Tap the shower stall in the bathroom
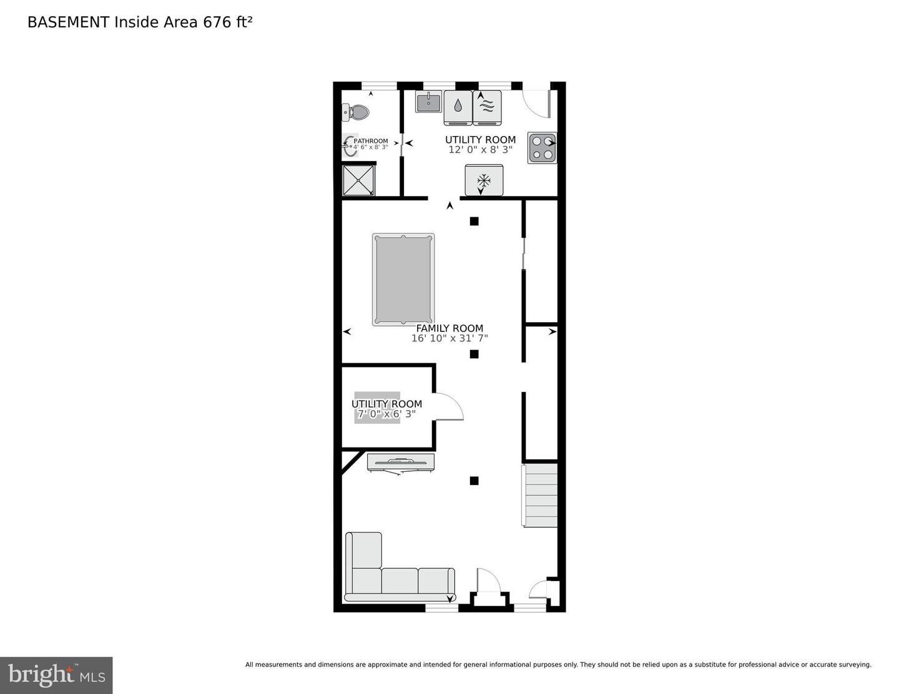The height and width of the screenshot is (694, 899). click(x=359, y=180)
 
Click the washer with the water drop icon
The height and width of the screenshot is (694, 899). click(x=458, y=107)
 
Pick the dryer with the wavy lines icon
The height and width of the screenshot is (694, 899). click(x=488, y=107)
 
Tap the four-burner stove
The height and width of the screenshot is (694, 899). click(x=541, y=148)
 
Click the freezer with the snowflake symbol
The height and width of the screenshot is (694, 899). click(x=484, y=180)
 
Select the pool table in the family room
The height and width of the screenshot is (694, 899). click(x=403, y=280)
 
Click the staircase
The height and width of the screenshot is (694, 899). click(x=540, y=495)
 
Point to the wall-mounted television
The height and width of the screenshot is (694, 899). click(x=401, y=462)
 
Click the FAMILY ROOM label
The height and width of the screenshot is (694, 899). click(x=449, y=328)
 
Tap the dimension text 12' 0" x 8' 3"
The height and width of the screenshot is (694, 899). click(x=480, y=150)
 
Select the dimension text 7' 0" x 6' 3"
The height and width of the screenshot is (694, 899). click(x=386, y=414)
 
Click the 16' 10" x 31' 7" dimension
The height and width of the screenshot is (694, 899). click(x=449, y=339)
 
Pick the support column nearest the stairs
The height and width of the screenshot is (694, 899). click(x=474, y=481)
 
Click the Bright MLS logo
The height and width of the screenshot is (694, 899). click(x=56, y=675)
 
